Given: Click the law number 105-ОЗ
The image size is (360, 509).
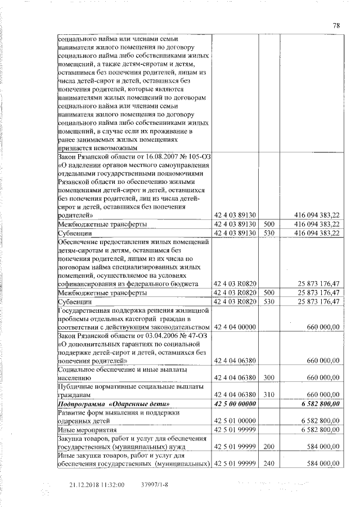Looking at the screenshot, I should click(x=195, y=157).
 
